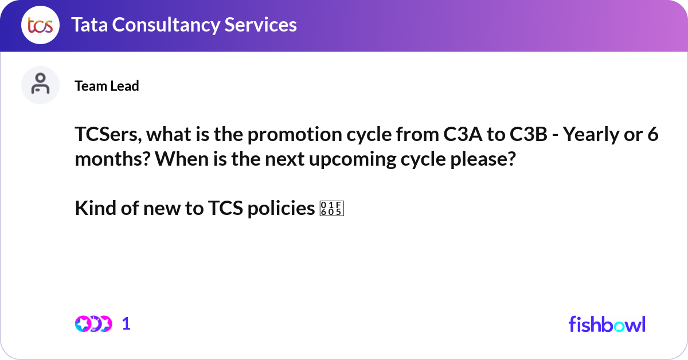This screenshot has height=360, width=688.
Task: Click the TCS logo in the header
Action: coord(40,25)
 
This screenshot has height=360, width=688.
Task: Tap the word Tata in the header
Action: coord(89,25)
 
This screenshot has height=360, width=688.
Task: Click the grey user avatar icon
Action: coord(40,85)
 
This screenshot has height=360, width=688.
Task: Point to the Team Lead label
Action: coord(107,86)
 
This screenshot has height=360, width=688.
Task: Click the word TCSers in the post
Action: coord(107,136)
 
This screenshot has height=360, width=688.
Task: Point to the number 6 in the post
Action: coord(652,136)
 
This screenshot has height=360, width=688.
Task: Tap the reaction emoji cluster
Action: coord(93,324)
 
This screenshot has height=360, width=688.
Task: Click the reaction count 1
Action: coord(127,324)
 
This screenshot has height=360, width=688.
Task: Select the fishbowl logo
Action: coord(607,324)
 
